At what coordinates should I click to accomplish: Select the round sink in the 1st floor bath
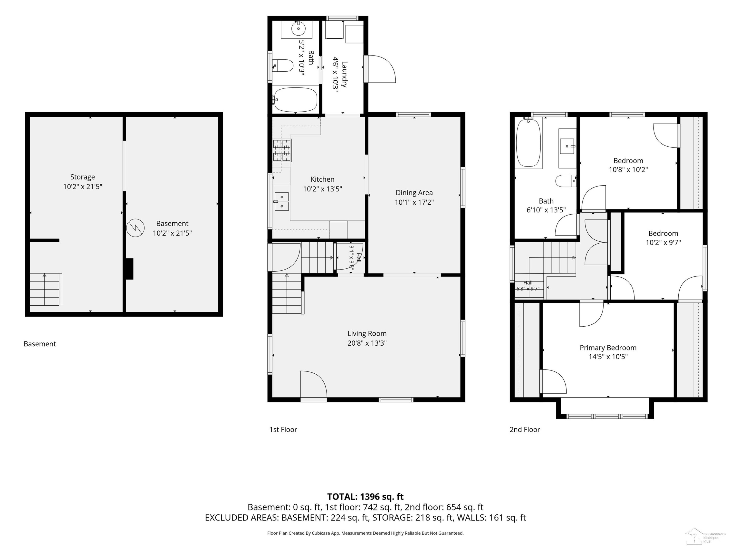point(298,29)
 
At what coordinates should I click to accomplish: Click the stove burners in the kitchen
point(282,150)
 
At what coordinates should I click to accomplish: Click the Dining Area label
point(414,193)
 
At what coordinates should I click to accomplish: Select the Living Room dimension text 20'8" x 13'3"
point(367,343)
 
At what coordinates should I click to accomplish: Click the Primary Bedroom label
point(608,348)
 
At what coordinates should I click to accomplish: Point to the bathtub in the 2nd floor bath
point(529,143)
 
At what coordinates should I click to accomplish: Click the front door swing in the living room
point(313,384)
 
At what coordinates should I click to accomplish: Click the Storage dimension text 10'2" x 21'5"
point(83,186)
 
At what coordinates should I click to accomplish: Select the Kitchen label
point(323,179)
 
